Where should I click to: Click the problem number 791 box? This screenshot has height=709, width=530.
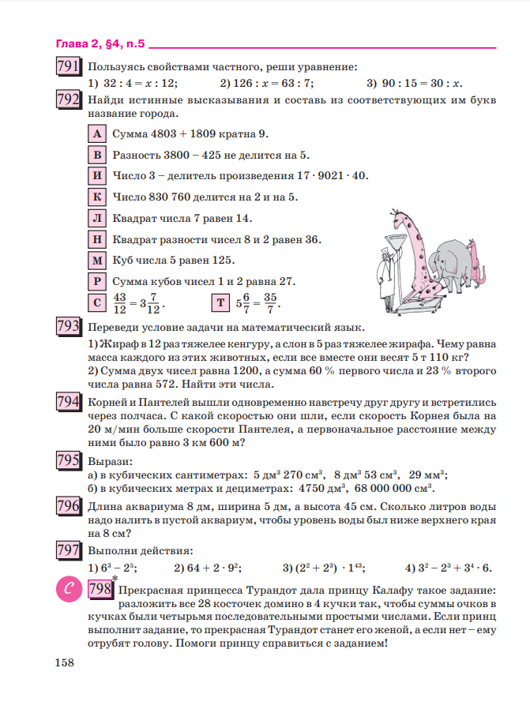click(68, 67)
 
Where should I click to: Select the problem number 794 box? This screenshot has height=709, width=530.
click(68, 402)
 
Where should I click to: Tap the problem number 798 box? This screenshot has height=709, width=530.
click(100, 590)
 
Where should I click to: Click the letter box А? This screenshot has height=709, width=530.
click(96, 133)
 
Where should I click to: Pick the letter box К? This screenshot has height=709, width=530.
click(96, 197)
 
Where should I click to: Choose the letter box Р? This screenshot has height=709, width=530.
click(96, 280)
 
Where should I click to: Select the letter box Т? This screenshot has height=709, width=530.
click(220, 302)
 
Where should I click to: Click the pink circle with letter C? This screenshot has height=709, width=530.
click(67, 590)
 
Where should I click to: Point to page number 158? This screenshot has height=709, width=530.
click(64, 662)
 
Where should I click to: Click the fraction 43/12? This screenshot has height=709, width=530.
click(120, 302)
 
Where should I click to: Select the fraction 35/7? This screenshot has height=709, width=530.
click(271, 302)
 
